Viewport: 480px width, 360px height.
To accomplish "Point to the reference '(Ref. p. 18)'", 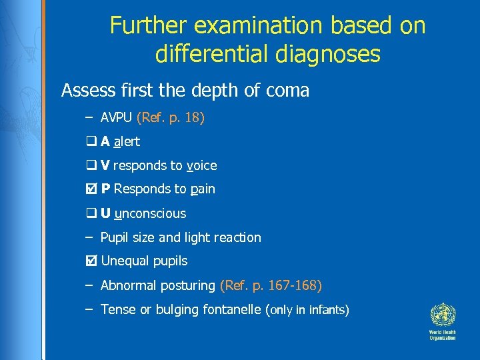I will coord(170,118).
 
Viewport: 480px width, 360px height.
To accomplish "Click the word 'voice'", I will coord(202,165).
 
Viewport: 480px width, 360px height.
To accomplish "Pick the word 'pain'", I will coord(203,190).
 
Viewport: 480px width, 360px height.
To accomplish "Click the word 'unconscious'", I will coord(151,213).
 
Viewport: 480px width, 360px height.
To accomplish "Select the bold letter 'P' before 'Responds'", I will coord(105,189).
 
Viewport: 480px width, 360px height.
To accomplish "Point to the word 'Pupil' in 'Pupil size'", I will coord(114,237).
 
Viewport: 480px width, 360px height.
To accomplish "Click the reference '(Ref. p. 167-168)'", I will coord(271,285).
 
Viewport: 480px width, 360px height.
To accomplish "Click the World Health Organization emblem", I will coord(441,314).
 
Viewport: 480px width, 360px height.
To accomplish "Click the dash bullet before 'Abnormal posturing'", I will coord(89,285).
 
